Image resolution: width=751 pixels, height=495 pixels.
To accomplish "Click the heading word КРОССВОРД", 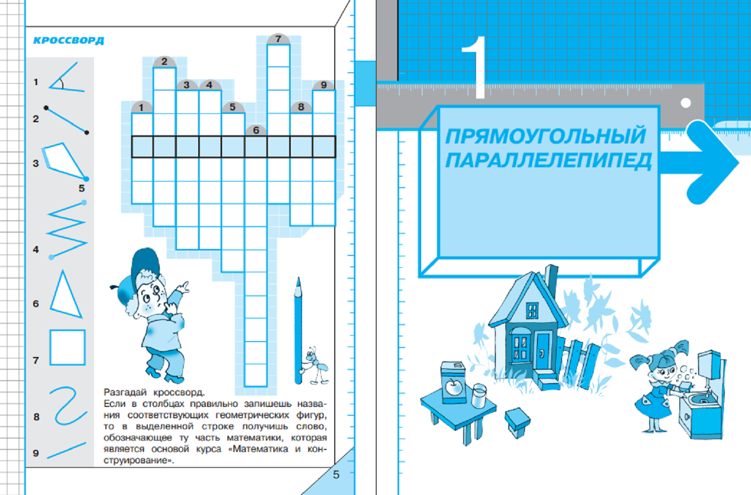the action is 69,41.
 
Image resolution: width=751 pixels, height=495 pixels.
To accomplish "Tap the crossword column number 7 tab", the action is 278,39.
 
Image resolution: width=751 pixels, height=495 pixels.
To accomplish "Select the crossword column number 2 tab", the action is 164,62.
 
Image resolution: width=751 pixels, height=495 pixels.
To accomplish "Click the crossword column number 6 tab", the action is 256,130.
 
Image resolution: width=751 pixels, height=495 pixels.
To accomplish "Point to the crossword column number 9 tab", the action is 323,85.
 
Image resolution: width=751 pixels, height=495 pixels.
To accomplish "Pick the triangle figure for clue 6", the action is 66,295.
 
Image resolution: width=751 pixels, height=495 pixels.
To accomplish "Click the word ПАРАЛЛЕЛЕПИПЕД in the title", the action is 548,161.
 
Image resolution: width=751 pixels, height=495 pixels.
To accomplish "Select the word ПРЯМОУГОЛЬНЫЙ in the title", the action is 545,136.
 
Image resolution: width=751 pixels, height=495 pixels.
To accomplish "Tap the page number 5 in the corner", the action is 336,475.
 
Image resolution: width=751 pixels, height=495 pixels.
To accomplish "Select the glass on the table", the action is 480,396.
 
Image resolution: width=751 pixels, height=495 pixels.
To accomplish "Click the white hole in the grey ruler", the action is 686,103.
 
